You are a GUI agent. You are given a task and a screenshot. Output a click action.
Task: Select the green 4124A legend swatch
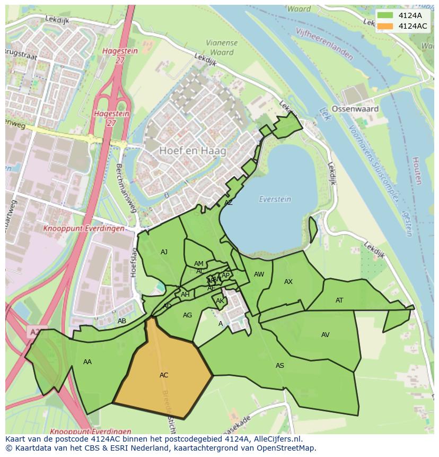[385, 15]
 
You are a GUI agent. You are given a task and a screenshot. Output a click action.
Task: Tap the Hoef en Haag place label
[192, 151]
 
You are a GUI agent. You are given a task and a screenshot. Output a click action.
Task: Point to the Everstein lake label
[275, 199]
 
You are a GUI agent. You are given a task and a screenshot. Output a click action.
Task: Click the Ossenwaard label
[355, 109]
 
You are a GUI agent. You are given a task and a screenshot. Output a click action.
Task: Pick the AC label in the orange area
[164, 375]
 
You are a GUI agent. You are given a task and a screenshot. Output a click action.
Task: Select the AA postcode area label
[87, 362]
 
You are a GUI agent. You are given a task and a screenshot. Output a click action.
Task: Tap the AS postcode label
[279, 366]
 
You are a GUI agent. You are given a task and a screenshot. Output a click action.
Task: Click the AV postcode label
[326, 335]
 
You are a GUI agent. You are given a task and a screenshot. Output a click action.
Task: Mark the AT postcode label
[339, 300]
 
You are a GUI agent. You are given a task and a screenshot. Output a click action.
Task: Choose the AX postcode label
[288, 282]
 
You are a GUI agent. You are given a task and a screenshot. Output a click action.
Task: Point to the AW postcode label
[259, 274]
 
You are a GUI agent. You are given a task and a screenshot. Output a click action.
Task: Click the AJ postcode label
[164, 252]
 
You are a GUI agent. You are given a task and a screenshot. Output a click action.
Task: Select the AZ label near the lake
[229, 203]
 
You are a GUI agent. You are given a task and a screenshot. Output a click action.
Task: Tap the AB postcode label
[122, 321]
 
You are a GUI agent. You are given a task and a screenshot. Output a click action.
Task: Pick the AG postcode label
[187, 315]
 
